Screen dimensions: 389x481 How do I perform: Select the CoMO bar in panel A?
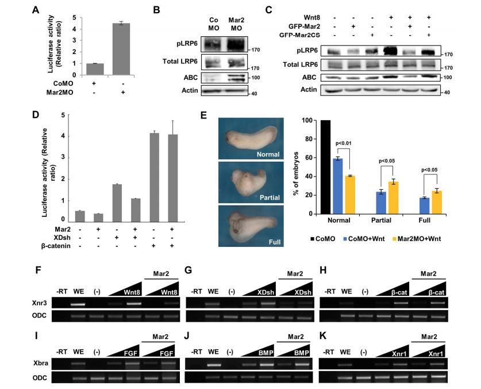tap(95, 69)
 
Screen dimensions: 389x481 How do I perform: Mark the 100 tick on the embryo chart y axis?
tap(311, 121)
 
